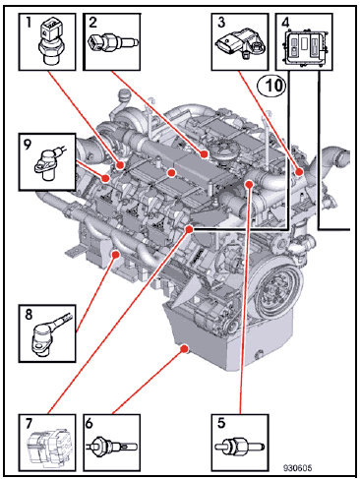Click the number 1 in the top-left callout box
(x=29, y=23)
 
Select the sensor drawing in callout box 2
(x=114, y=42)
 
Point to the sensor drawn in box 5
(x=240, y=446)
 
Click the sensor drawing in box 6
(x=112, y=447)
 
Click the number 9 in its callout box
(x=28, y=144)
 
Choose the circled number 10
(x=271, y=86)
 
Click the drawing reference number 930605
(x=297, y=468)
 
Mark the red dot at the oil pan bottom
(x=185, y=348)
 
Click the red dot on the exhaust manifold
(x=115, y=254)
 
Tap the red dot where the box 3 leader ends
(x=299, y=171)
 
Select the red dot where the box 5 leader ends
(x=249, y=184)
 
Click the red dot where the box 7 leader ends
(x=189, y=229)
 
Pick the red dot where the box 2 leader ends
(x=205, y=153)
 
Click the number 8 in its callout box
(x=29, y=315)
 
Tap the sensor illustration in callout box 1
(x=49, y=42)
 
